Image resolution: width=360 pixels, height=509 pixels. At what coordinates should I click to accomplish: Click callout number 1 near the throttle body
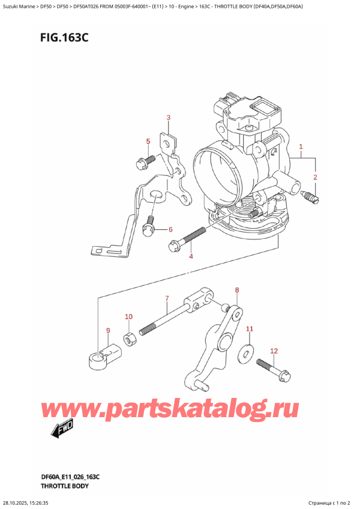click(x=301, y=146)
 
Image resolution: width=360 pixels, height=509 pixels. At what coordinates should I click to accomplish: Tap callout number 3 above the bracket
click(x=191, y=257)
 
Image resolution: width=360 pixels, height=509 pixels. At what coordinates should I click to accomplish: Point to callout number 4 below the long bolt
click(x=147, y=142)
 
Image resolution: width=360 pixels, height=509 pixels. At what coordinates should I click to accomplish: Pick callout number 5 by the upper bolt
click(x=170, y=229)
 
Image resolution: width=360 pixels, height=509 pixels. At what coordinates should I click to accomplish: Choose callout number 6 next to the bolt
click(x=167, y=299)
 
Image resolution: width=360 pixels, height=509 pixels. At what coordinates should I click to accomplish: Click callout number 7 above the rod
click(x=237, y=291)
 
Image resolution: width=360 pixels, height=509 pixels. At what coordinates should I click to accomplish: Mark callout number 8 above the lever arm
click(x=108, y=330)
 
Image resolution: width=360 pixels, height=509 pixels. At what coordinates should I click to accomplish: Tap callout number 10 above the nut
click(x=250, y=329)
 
